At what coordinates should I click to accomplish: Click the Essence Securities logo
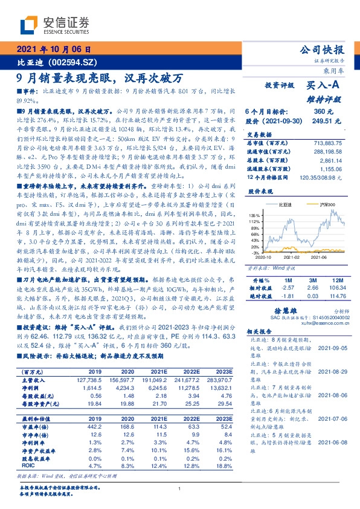54,25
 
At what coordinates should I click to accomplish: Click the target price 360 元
321,112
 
